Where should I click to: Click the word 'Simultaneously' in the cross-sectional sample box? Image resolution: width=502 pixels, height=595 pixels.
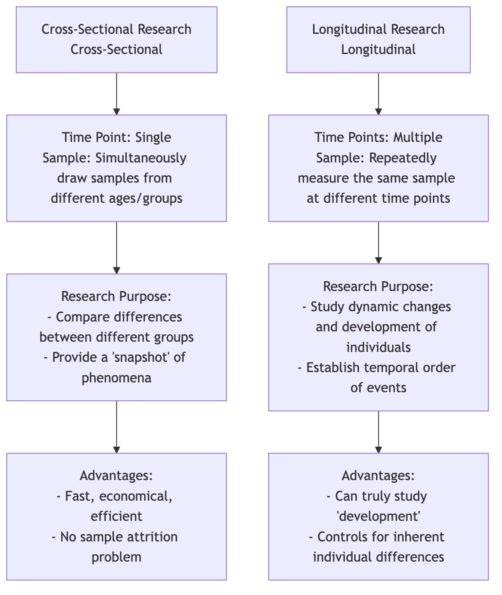[141, 158]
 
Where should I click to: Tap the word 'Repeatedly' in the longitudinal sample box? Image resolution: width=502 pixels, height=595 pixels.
[403, 158]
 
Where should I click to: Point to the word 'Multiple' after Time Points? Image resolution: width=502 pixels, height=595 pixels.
[418, 137]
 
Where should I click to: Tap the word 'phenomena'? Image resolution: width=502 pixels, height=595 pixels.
[117, 378]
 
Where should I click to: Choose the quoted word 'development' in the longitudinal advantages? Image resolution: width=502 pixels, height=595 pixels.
[378, 516]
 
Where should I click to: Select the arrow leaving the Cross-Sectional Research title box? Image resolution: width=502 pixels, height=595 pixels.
[117, 93]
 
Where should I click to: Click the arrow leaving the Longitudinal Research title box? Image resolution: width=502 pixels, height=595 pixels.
[378, 93]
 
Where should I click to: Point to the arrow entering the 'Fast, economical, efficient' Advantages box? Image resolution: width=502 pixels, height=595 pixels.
[117, 427]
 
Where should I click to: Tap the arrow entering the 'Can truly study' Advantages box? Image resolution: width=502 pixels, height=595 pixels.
[378, 432]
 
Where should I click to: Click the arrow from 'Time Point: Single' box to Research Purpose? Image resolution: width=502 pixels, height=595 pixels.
[117, 248]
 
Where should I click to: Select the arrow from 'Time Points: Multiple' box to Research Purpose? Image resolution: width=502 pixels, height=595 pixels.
[378, 243]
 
